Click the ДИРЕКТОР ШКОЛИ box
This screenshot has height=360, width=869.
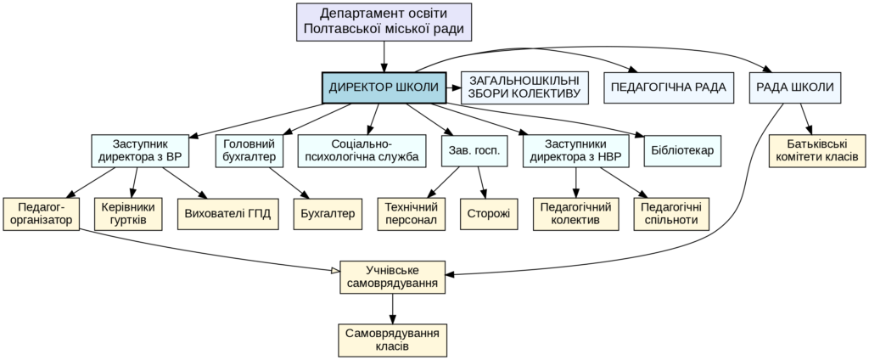point(384,88)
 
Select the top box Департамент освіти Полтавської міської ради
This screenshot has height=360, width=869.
point(384,22)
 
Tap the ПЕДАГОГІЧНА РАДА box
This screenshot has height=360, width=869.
point(668,88)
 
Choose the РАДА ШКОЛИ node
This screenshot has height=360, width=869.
point(794,88)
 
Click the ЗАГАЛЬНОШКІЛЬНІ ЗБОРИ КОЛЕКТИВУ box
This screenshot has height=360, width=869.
point(524,88)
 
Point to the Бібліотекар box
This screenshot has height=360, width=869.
point(682,151)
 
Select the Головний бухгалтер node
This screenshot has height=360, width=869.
point(248,151)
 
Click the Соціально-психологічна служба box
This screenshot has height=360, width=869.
point(362,151)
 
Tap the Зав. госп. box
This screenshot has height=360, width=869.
point(469,151)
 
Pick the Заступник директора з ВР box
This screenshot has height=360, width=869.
point(139,151)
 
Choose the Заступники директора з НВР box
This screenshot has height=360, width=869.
point(576,151)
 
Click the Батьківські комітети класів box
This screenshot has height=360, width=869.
point(817,151)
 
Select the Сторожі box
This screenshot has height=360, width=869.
point(488,214)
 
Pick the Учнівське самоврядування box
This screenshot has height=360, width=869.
point(392,277)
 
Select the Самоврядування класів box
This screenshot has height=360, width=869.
point(392,340)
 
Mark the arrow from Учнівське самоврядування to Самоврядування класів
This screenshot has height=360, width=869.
point(392,308)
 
